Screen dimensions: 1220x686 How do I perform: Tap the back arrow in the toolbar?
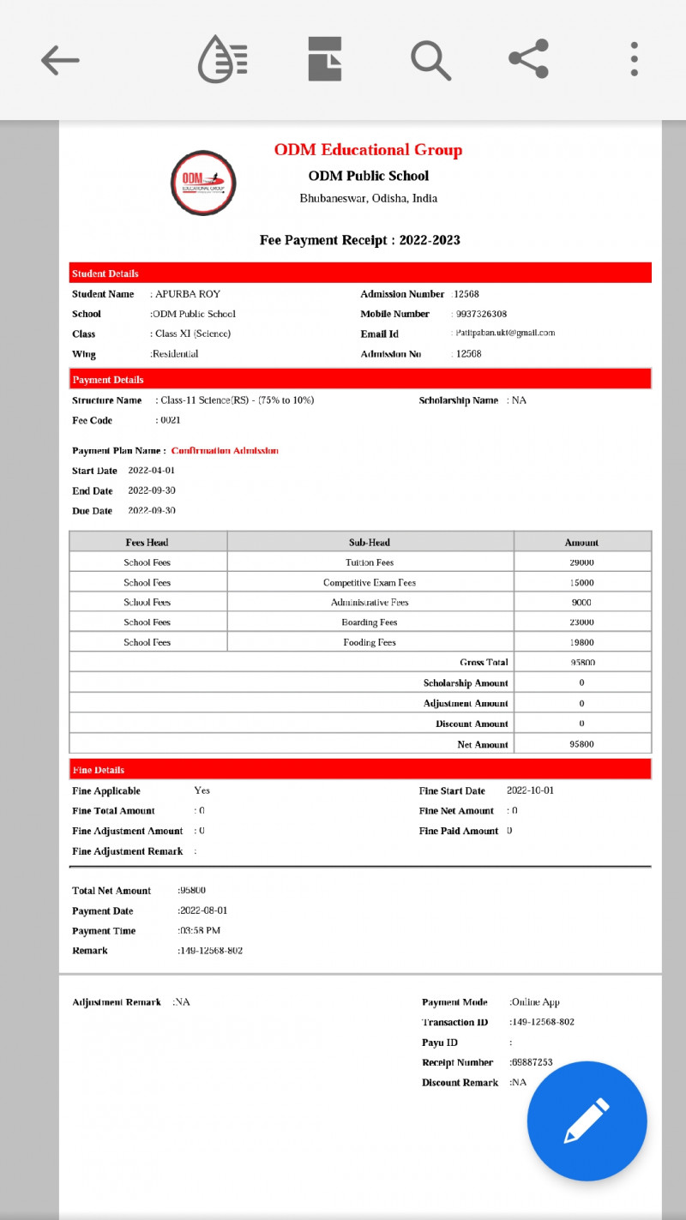click(60, 60)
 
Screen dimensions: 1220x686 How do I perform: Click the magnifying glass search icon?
click(430, 60)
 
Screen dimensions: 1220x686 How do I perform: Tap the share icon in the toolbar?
click(529, 59)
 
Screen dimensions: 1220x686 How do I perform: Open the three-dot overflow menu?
click(634, 59)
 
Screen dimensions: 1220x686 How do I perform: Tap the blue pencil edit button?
click(587, 1121)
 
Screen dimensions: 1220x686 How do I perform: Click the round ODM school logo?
click(203, 183)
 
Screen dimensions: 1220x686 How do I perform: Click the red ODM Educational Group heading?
click(368, 150)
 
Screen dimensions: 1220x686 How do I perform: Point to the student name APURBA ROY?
click(188, 294)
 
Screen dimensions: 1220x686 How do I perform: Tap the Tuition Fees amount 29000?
click(581, 562)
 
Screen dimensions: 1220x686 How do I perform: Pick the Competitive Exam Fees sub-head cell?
click(370, 583)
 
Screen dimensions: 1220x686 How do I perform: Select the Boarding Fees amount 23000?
click(581, 622)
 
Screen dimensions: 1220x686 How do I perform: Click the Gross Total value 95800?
click(582, 663)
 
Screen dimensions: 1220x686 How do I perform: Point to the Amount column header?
click(581, 543)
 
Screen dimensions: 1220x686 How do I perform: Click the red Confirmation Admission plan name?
click(225, 450)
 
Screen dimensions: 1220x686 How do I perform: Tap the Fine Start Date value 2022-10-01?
click(530, 790)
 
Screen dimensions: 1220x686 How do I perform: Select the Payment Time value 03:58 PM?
click(201, 931)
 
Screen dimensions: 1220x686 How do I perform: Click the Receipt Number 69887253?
click(532, 1062)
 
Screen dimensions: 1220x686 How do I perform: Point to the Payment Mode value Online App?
click(536, 1002)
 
